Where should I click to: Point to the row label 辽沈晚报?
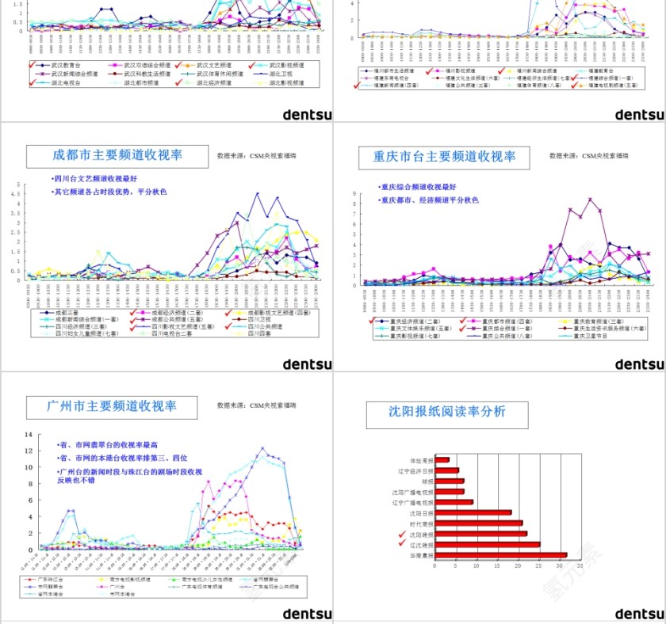[x=423, y=545]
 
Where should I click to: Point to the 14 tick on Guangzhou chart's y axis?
[x=28, y=435]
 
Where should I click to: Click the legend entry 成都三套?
[x=67, y=313]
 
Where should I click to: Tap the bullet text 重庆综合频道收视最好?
[x=420, y=188]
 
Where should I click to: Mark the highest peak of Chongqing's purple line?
[x=590, y=200]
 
